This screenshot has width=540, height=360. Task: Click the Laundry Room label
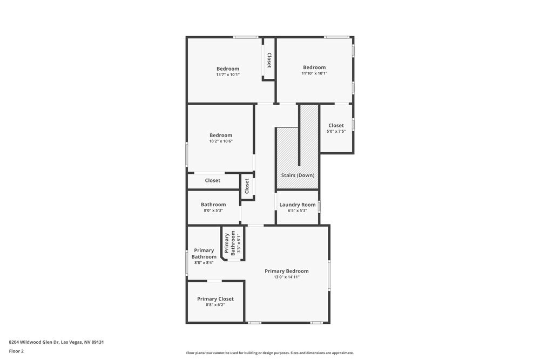click(298, 205)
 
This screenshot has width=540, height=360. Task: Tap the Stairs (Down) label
click(298, 175)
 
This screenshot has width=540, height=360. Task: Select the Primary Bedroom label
click(286, 271)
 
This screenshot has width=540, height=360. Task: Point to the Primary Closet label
click(215, 299)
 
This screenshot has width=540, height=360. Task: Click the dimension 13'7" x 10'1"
click(227, 74)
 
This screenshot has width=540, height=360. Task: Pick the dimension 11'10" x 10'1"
click(314, 73)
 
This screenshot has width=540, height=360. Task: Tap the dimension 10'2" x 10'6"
click(221, 141)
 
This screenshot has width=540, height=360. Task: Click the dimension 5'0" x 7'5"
click(336, 132)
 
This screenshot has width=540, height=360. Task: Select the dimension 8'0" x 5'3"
click(213, 210)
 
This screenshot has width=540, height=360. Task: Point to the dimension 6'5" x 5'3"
click(298, 210)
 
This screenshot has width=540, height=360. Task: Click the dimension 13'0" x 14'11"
click(286, 277)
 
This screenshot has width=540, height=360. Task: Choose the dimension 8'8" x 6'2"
click(215, 305)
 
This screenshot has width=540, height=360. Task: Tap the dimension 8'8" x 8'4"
click(204, 263)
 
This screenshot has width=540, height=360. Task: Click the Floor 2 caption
click(16, 351)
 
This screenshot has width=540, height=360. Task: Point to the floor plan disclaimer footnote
click(269, 353)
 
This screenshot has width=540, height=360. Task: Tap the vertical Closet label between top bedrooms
click(269, 59)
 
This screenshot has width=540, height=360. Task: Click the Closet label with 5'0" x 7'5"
click(336, 126)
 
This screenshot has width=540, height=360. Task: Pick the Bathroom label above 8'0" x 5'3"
click(213, 205)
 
